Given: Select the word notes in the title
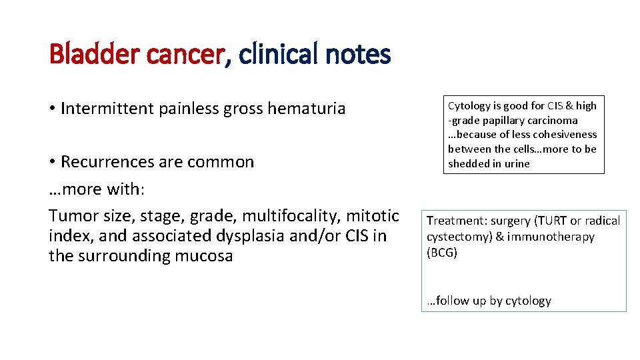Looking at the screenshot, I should [x=358, y=54].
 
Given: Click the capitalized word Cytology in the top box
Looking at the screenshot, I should [x=469, y=105].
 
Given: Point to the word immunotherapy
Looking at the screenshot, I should [x=550, y=237].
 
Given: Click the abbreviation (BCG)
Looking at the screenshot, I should [x=442, y=253].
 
